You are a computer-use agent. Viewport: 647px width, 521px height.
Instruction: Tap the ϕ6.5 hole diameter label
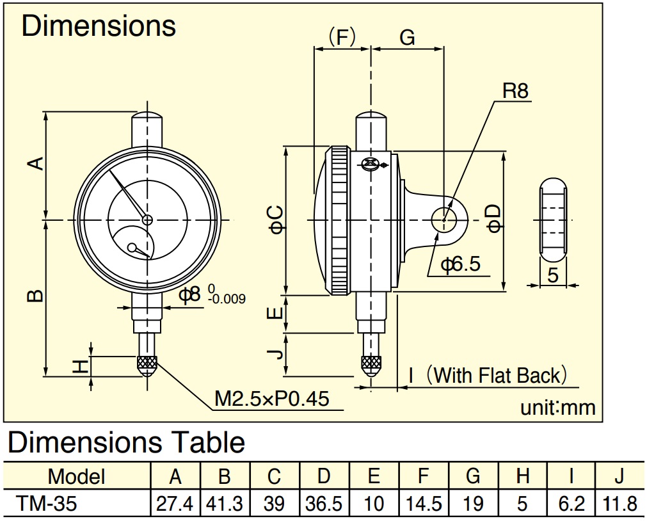(x=461, y=264)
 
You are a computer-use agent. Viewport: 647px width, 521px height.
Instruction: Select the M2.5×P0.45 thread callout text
(x=272, y=398)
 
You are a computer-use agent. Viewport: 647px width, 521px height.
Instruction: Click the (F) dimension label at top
(x=342, y=37)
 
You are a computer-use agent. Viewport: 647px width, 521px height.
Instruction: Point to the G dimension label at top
(x=407, y=38)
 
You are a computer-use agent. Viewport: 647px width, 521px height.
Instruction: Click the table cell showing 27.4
(x=175, y=504)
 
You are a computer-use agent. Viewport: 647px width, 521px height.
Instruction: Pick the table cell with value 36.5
(x=324, y=504)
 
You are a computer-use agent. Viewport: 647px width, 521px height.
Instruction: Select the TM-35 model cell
(x=47, y=504)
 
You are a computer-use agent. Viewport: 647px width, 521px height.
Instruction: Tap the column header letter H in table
(x=522, y=476)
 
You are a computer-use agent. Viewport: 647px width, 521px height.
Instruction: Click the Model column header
(x=77, y=476)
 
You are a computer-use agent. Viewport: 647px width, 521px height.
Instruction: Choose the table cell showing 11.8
(x=619, y=504)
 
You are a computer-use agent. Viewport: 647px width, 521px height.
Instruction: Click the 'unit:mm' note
(x=558, y=408)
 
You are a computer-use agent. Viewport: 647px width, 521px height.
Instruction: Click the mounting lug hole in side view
(x=443, y=220)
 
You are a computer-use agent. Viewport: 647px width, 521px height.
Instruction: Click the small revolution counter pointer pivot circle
(x=132, y=248)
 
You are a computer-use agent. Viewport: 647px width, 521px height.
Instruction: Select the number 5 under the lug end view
(x=553, y=275)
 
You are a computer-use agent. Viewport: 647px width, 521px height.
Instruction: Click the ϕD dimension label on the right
(x=494, y=218)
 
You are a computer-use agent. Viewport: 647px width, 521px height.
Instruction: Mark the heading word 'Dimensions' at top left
(x=99, y=26)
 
